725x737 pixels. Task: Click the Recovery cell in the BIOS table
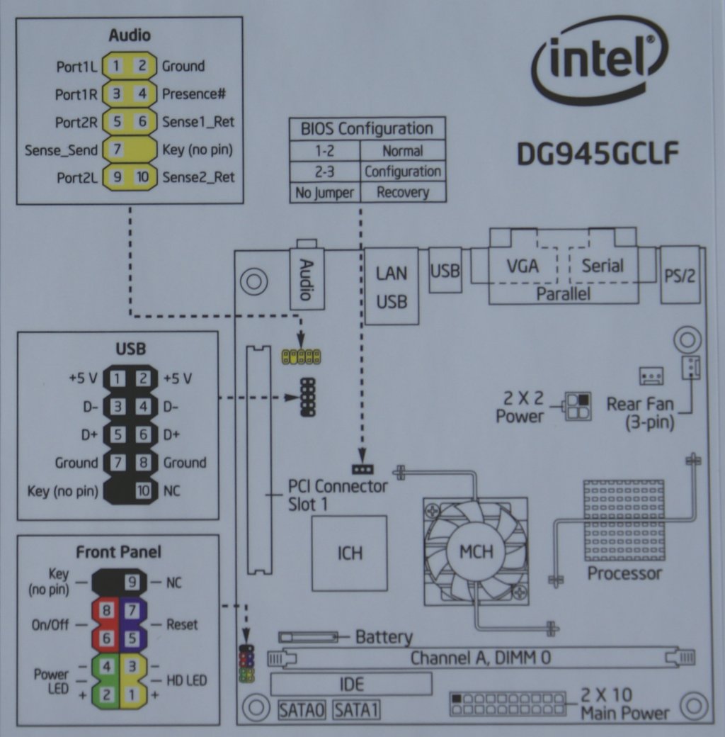click(x=403, y=192)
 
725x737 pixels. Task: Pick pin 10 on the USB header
click(x=143, y=490)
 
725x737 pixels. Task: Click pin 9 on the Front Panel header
click(x=132, y=583)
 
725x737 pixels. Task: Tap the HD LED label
click(x=186, y=680)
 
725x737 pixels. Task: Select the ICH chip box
click(x=350, y=551)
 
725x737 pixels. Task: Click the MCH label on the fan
click(x=476, y=551)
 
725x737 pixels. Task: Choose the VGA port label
click(x=523, y=266)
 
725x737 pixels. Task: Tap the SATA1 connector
click(x=355, y=709)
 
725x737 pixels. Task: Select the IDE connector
click(x=351, y=684)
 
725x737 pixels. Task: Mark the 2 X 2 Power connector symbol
click(x=577, y=407)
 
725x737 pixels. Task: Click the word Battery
click(x=383, y=637)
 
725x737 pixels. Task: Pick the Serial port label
click(x=603, y=266)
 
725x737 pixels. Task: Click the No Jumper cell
click(x=325, y=192)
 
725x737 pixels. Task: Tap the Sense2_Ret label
click(x=198, y=177)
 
